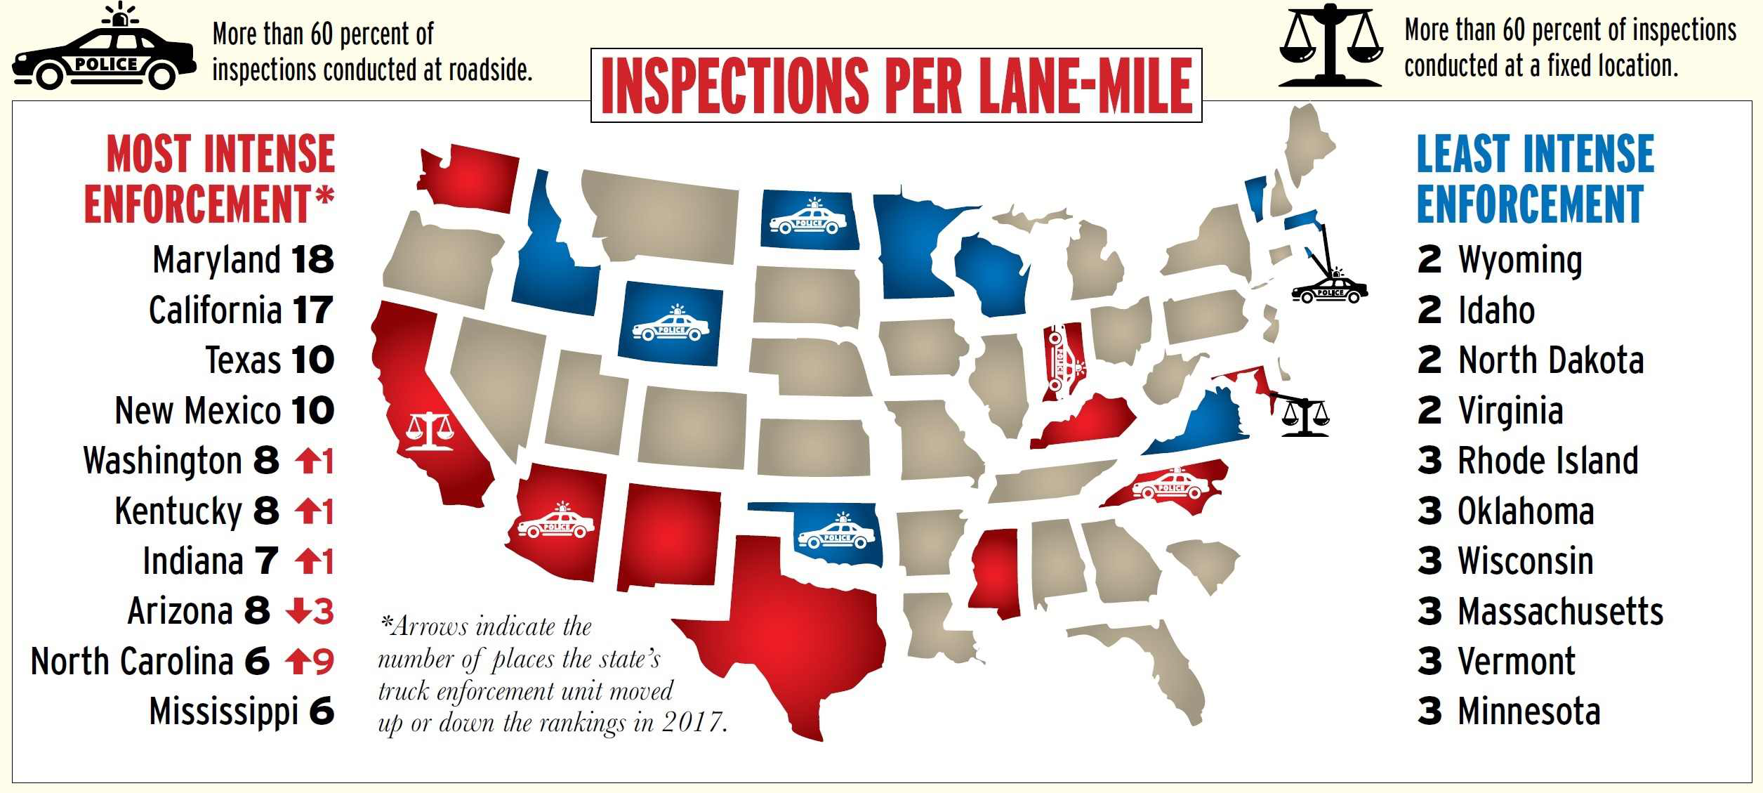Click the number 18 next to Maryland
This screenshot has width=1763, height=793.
[312, 260]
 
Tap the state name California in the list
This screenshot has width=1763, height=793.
[215, 310]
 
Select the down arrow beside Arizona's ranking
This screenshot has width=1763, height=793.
[298, 612]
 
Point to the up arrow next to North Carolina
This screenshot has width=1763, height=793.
[298, 661]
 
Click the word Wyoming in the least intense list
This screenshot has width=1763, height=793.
[1520, 261]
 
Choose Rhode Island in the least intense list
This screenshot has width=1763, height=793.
[1547, 461]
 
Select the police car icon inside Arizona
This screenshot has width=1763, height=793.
[556, 521]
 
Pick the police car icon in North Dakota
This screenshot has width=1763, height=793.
[808, 218]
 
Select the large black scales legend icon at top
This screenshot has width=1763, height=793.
[1330, 46]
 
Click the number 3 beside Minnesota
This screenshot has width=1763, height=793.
[1429, 711]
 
